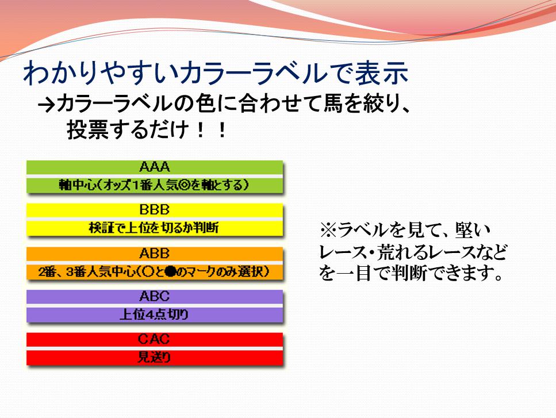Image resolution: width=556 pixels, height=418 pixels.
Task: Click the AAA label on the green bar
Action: click(155, 167)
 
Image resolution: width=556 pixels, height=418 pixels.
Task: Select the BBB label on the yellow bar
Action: click(155, 210)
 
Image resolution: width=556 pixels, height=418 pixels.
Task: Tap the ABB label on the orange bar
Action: click(155, 254)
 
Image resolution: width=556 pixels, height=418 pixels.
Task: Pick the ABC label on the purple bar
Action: click(155, 296)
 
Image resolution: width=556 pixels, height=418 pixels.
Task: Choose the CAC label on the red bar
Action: click(154, 339)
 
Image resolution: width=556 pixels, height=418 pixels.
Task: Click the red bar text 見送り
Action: click(154, 358)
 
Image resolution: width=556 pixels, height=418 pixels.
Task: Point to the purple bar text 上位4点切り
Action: click(154, 315)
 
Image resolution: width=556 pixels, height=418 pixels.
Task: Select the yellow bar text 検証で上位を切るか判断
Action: click(154, 228)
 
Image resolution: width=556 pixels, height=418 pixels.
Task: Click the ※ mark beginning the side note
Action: click(328, 230)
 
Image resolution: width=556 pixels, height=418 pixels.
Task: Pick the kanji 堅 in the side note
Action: click(465, 230)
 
